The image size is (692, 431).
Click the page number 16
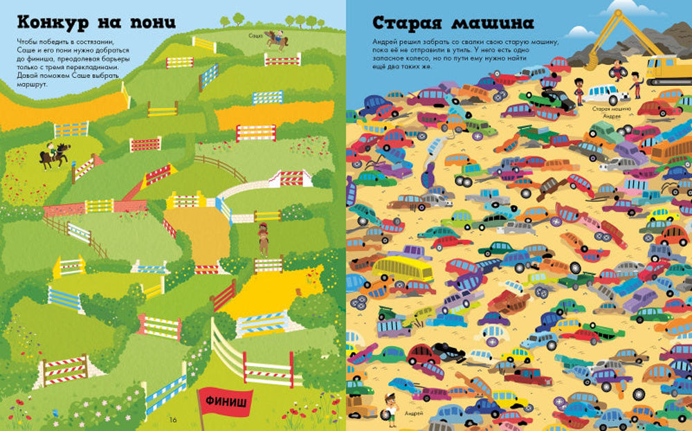coord(173,419)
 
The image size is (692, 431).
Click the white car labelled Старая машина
coord(604,94)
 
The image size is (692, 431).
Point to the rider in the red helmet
coord(262,239)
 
